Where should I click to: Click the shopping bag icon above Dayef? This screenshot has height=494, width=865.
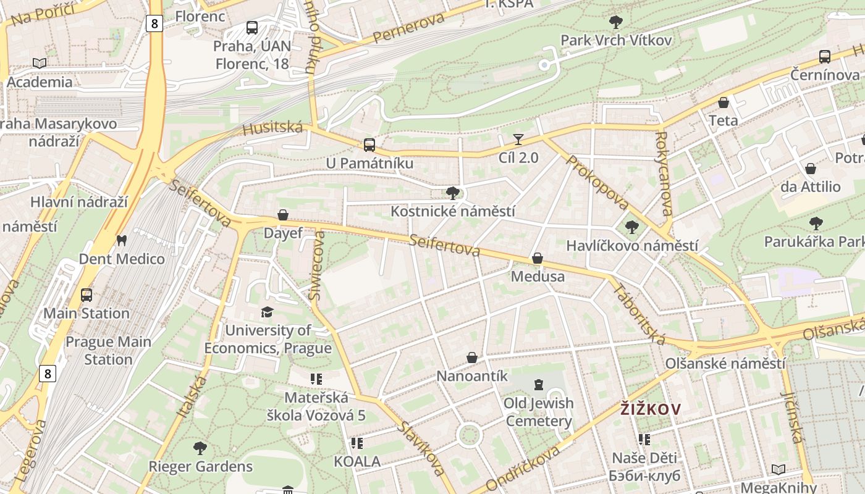tap(283, 215)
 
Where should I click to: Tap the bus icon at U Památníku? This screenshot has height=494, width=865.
tap(369, 145)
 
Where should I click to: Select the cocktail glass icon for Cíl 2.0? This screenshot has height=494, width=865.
tap(518, 140)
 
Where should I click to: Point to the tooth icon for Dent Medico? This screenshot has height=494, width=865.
tap(122, 240)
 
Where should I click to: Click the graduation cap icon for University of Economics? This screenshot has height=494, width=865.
tap(267, 312)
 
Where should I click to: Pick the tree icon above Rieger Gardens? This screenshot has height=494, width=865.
tap(200, 448)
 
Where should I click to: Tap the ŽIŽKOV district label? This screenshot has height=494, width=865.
tap(651, 409)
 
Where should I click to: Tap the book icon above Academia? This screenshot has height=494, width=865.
tap(40, 63)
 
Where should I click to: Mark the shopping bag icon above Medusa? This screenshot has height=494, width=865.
tap(538, 258)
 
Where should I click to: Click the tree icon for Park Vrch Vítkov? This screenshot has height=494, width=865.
tap(615, 23)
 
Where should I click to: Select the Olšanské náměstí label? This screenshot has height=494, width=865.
tap(725, 363)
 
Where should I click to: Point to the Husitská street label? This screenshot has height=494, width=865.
tap(272, 128)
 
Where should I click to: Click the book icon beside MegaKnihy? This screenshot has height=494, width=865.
tap(778, 469)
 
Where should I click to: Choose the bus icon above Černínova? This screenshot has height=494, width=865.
tap(825, 57)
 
